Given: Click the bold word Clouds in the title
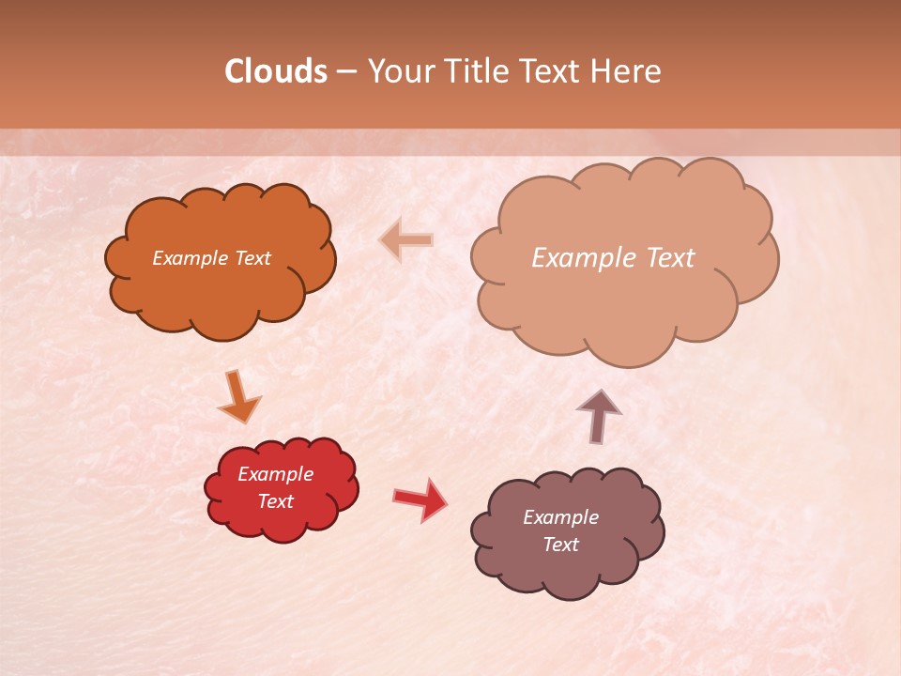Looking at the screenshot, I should click(x=276, y=71).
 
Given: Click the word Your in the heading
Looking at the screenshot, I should click(x=400, y=71).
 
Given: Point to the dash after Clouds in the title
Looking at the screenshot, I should click(x=347, y=72).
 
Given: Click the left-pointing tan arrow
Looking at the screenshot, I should click(x=407, y=240).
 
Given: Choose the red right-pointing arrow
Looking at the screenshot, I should click(x=420, y=499).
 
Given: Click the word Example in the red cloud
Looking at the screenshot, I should click(x=276, y=474).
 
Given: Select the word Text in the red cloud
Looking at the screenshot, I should click(x=276, y=501).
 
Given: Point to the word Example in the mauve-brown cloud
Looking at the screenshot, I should click(x=561, y=517).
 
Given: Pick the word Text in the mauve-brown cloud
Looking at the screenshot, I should click(x=561, y=545).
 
